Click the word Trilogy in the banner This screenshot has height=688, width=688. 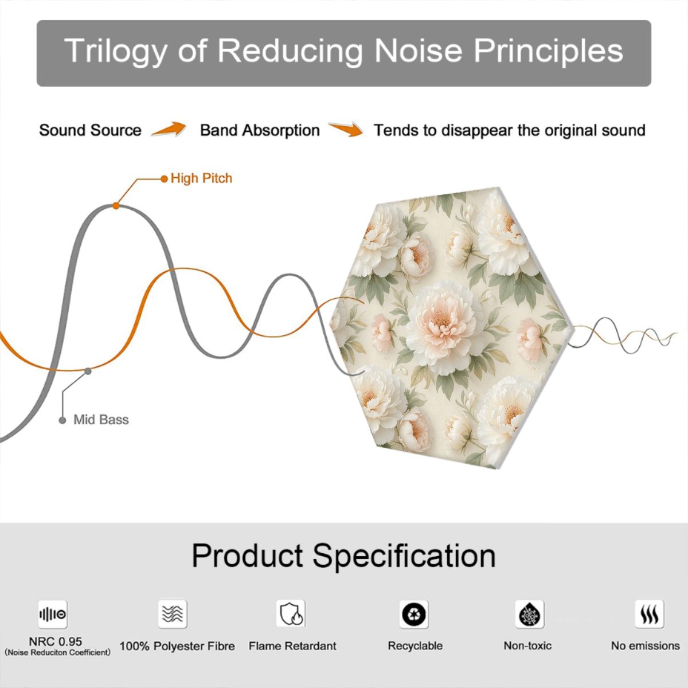[116, 51]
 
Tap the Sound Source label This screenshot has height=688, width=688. [91, 130]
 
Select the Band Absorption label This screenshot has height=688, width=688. [260, 130]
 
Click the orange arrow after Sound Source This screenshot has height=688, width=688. [169, 129]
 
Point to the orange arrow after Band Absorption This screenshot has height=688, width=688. [346, 129]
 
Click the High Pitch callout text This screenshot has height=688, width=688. [201, 178]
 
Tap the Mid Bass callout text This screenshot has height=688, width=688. [101, 420]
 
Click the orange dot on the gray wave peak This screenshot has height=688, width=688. [116, 206]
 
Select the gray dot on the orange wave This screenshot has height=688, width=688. [88, 372]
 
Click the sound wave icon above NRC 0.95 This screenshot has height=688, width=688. [53, 614]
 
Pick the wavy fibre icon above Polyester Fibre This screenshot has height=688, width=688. [173, 614]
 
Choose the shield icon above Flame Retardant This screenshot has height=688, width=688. [291, 613]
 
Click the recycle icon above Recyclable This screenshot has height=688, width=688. [414, 614]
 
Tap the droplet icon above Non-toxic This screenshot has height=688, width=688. [530, 614]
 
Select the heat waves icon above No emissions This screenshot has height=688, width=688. [650, 614]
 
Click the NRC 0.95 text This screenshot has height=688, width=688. [56, 642]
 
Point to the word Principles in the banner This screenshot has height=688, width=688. [548, 51]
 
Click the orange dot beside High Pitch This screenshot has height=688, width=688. [164, 179]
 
